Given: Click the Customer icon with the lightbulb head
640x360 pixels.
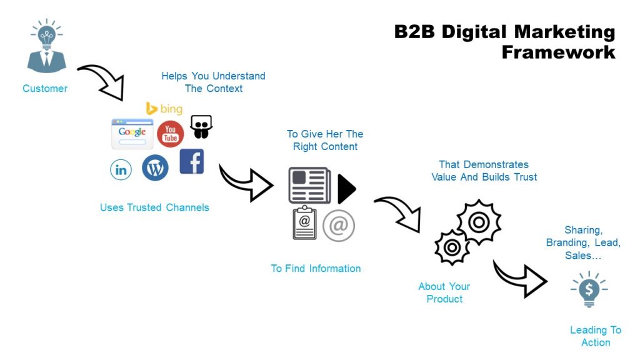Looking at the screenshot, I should click(46, 47).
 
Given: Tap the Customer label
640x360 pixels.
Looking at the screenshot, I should click(45, 89).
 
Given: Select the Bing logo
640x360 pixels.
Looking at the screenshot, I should click(164, 109).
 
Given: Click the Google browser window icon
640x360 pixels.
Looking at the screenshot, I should click(132, 133).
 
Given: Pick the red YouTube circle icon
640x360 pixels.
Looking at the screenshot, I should click(170, 134).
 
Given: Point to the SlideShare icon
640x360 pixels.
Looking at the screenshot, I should click(201, 127).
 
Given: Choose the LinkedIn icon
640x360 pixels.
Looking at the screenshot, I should click(121, 169).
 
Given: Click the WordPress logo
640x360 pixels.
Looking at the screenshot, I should click(155, 168).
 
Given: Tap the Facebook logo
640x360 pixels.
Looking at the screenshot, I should click(192, 161).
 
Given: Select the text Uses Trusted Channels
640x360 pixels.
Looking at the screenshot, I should click(154, 207).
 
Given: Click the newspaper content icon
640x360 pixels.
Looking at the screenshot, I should click(309, 185).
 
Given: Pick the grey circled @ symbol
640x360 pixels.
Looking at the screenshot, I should click(339, 226).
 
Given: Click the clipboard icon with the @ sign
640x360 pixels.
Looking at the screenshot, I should click(305, 223).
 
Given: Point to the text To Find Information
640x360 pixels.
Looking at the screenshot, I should click(316, 269).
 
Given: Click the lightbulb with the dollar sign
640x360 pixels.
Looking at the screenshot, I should click(589, 289).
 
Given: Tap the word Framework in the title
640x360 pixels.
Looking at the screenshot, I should click(558, 52).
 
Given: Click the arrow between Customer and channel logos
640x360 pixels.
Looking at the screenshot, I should click(101, 81).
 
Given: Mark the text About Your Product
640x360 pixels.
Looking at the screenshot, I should click(444, 292).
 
